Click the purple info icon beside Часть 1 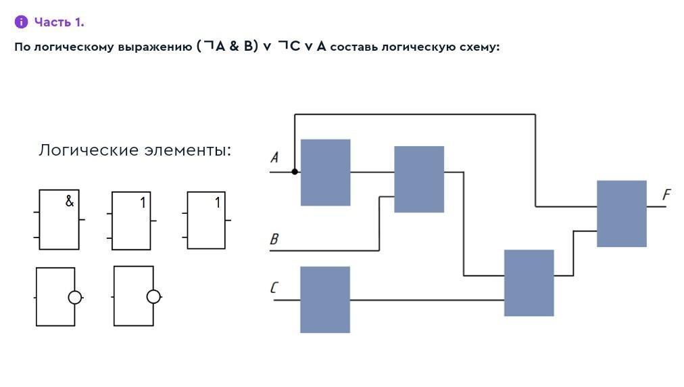(x=21, y=22)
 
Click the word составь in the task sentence (x=353, y=47)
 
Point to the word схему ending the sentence (x=477, y=47)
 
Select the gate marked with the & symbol (x=59, y=220)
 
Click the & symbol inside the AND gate (x=69, y=201)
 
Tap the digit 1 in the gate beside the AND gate (x=143, y=202)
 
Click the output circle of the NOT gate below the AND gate (x=75, y=297)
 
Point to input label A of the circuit (x=274, y=158)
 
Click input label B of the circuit (x=274, y=239)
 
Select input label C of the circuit (x=274, y=288)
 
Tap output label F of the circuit (x=666, y=195)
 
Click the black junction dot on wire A (x=295, y=172)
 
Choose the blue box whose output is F (x=621, y=214)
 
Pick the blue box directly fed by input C (x=325, y=300)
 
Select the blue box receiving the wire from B (x=419, y=179)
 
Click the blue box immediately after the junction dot (x=325, y=173)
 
